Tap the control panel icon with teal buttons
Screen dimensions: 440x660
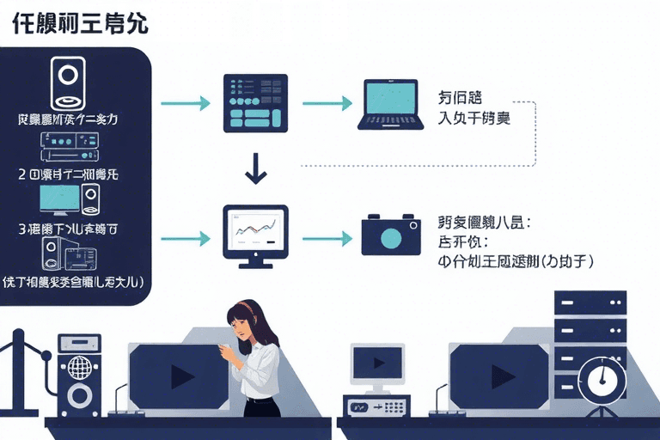point(254,102)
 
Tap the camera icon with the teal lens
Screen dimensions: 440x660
point(391,234)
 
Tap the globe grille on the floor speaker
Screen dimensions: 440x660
point(79,366)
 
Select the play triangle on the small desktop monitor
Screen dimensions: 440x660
point(378,362)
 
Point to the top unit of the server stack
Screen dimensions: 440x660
point(589,302)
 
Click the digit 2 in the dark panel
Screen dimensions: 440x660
point(21,172)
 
